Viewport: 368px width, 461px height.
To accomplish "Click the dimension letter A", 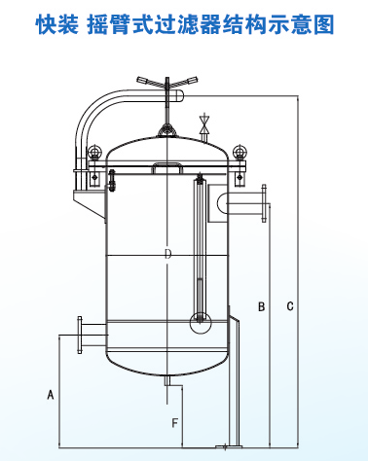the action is pos(51,395).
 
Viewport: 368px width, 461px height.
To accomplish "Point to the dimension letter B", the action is pos(261,306).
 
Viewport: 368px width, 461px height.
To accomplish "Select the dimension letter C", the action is pos(290,306).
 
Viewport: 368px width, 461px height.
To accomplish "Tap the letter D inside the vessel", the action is pos(167,254).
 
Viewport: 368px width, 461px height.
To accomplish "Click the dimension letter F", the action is pos(175,423).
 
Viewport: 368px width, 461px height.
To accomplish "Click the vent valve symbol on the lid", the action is pos(204,124).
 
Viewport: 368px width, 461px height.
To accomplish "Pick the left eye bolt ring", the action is pos(94,151).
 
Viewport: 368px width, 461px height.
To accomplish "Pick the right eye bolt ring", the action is pos(239,151).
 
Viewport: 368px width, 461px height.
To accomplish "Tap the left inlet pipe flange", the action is pos(80,335).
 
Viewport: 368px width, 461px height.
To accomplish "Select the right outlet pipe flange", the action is pos(264,203).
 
